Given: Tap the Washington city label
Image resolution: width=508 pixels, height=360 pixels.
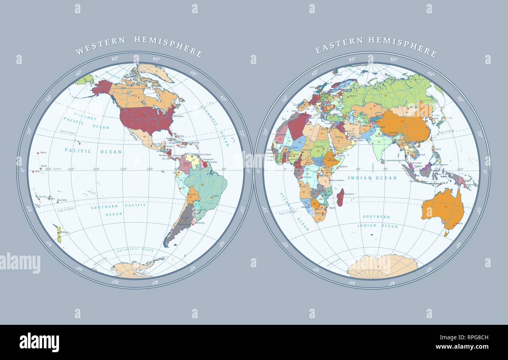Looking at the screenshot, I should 178,116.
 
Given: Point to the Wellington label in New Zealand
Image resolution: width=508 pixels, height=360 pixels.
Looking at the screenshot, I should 64,233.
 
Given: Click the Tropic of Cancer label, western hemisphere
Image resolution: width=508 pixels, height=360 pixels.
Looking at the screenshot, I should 67,133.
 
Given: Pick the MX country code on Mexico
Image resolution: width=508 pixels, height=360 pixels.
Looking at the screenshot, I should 145,136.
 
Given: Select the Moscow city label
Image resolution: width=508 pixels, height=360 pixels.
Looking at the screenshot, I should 353,96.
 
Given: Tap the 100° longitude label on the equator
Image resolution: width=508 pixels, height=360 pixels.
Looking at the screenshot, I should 150,169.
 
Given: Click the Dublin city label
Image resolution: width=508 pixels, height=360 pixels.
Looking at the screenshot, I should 312,87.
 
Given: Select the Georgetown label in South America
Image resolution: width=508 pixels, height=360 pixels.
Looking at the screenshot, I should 208,159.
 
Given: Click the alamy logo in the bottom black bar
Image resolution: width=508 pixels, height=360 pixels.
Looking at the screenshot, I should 39,342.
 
